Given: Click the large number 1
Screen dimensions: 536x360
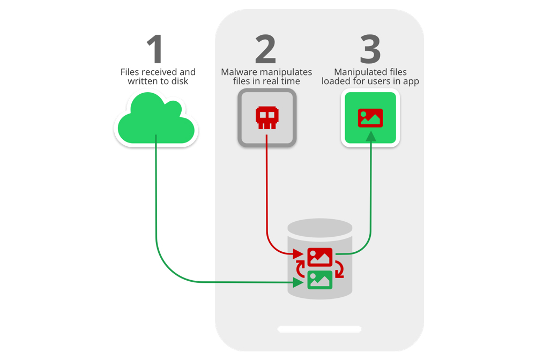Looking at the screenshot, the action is click(155, 49).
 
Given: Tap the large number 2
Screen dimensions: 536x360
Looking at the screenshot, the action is click(266, 49).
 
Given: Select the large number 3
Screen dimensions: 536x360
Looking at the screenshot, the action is click(370, 49).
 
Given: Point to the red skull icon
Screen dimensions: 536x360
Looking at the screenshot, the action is click(267, 118).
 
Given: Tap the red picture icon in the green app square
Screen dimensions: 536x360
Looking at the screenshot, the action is click(370, 118).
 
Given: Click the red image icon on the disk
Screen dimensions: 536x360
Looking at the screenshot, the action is click(320, 257).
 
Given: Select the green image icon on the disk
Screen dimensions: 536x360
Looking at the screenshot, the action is click(320, 280).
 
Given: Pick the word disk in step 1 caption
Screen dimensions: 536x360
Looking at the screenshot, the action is click(180, 81).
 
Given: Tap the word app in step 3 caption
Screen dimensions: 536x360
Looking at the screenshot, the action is click(411, 82).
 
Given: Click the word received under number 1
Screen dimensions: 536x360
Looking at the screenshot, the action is click(159, 72).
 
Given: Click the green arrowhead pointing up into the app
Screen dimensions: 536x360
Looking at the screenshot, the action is click(371, 137).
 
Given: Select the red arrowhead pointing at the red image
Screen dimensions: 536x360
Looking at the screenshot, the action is click(299, 254).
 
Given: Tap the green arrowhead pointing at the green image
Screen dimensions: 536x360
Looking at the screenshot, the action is click(299, 282).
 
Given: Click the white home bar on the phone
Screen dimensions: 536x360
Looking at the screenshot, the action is click(319, 329).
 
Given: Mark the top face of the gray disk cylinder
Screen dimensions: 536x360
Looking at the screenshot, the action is click(320, 228).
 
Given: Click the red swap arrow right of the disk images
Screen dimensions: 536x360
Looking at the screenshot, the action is click(339, 269).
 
